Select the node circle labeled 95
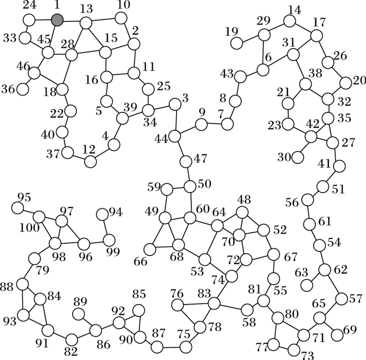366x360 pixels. (x=18, y=207)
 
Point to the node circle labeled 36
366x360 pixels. (x=22, y=89)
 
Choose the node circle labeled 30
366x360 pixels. (x=298, y=156)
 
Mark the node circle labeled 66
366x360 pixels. (x=150, y=250)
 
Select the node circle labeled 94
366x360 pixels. (x=102, y=214)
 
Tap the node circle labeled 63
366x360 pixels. (x=307, y=285)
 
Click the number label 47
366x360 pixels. (x=199, y=158)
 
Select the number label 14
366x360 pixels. (x=294, y=10)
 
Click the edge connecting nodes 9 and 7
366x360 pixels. (x=214, y=124)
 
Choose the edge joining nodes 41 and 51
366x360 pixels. (x=330, y=177)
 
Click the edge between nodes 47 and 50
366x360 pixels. (x=187, y=173)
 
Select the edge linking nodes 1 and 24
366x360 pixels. (x=43, y=20)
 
